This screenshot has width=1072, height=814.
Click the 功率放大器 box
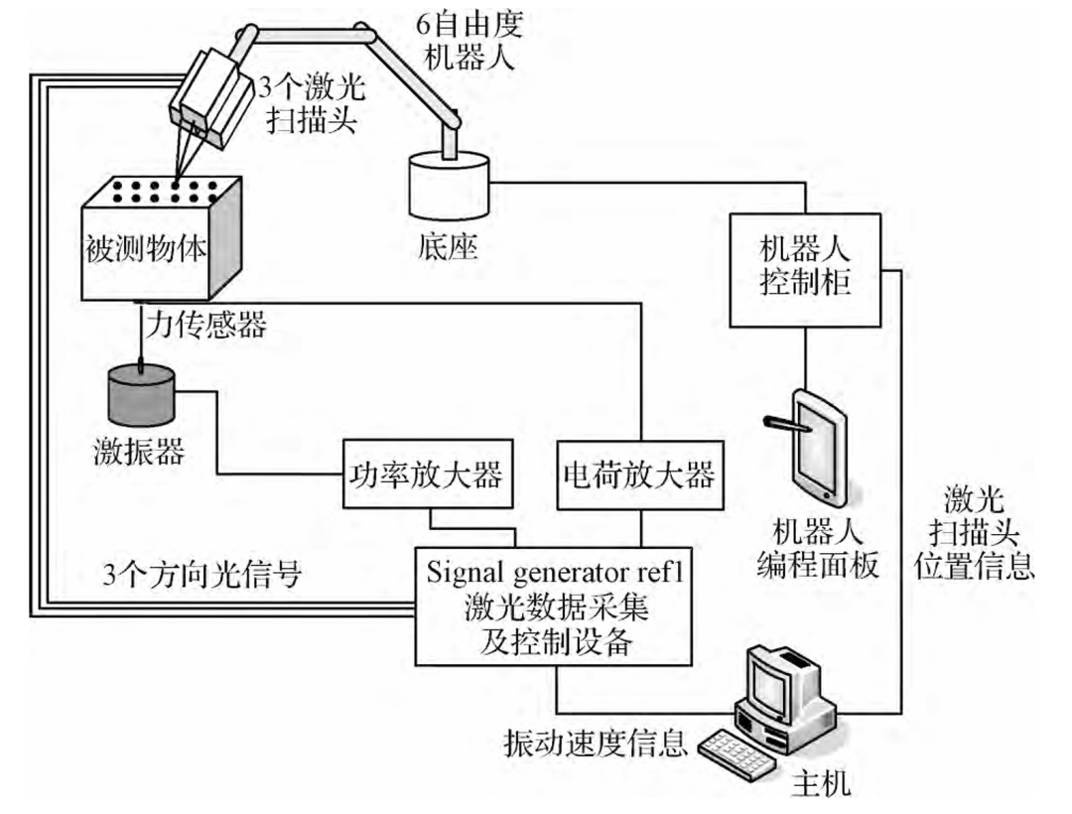point(427,475)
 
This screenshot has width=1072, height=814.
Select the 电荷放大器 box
point(636,475)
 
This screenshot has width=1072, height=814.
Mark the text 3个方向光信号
point(204,573)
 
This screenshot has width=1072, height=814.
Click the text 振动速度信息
point(596,744)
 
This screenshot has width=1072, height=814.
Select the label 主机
point(820,785)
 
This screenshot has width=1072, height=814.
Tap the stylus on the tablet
point(789,426)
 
